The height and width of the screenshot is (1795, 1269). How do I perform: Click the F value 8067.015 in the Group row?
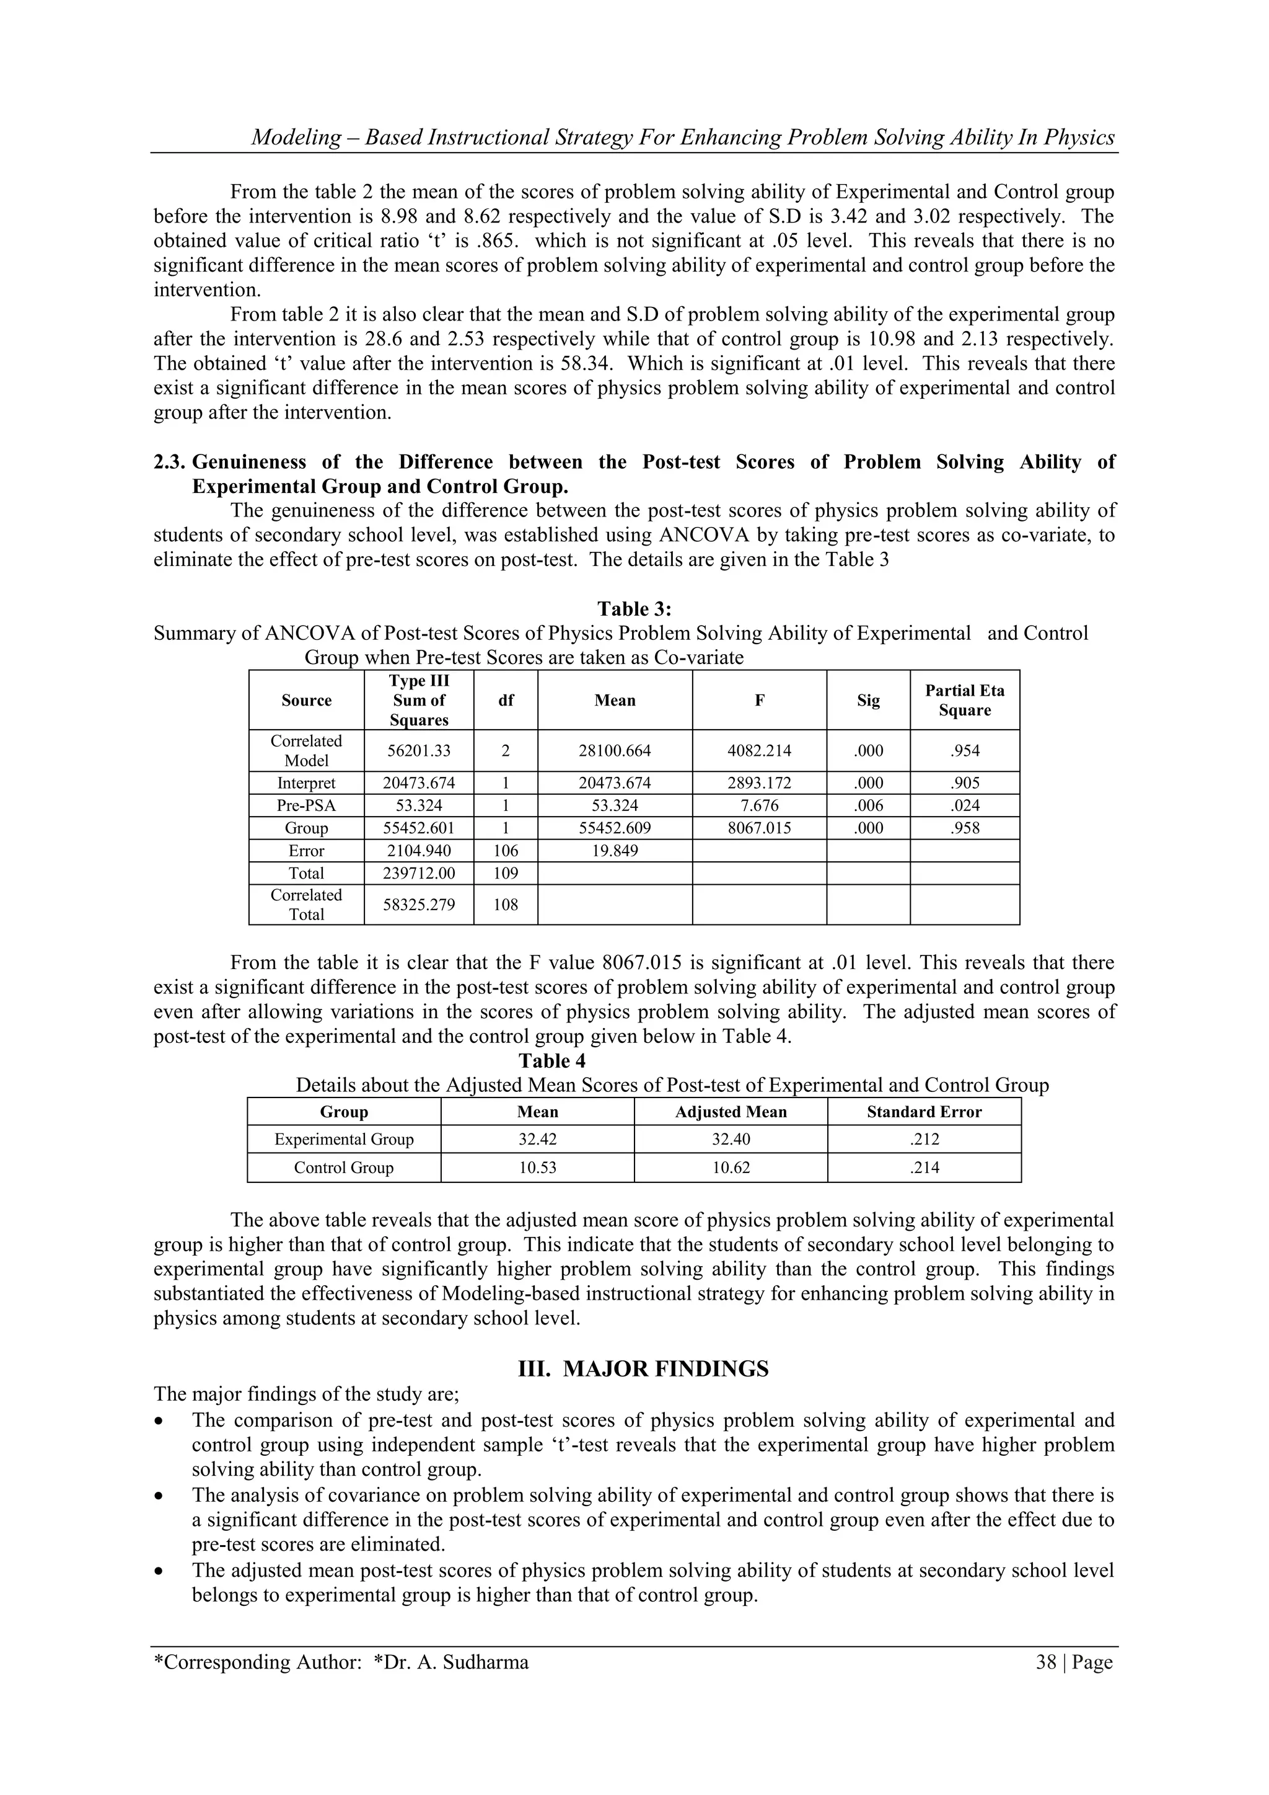[759, 828]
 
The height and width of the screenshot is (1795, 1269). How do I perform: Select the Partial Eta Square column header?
[964, 699]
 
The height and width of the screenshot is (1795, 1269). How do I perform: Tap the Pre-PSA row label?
[306, 805]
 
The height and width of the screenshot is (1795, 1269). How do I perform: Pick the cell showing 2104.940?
[419, 851]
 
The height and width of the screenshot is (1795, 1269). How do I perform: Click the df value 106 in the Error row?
[506, 851]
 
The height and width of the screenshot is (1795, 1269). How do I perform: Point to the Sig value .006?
[868, 805]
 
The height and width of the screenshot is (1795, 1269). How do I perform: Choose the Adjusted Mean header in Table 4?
[731, 1112]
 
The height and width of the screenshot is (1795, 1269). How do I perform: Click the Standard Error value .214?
[924, 1168]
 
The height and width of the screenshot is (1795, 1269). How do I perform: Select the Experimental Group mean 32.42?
[538, 1139]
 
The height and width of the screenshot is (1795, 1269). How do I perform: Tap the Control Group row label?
[344, 1168]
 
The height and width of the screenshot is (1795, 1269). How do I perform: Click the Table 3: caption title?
[634, 609]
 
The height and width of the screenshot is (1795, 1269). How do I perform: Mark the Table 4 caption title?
[551, 1061]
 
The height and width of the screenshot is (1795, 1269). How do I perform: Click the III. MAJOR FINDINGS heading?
[643, 1369]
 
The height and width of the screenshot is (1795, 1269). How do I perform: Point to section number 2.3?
[169, 462]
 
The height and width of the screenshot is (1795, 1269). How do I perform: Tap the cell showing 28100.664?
[614, 750]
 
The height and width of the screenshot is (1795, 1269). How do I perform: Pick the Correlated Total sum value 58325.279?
[419, 905]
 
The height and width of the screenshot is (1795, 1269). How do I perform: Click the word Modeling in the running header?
[296, 138]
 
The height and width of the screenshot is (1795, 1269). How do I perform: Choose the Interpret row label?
[306, 782]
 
